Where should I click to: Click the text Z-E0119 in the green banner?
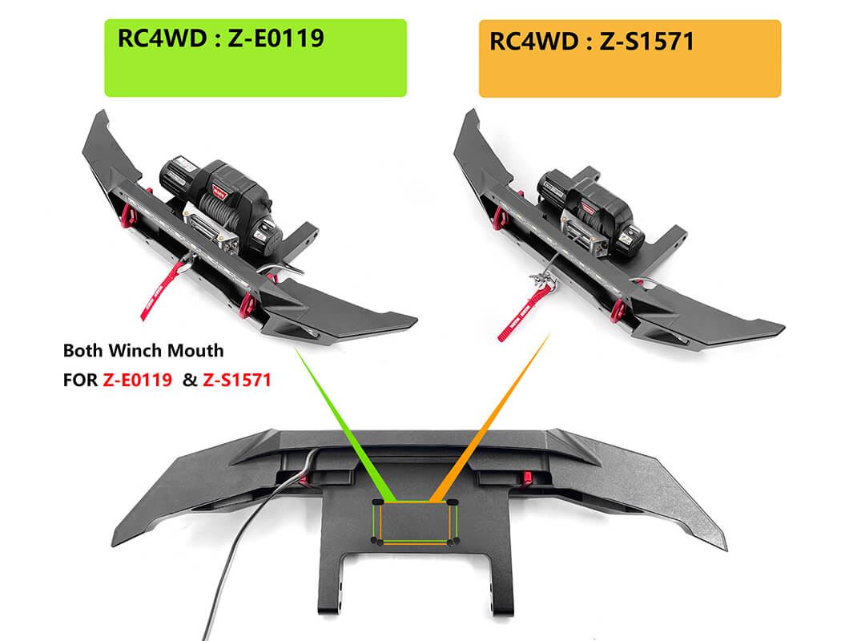pos(276,38)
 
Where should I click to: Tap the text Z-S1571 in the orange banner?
pos(647,42)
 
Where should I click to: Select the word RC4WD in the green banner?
pos(162,38)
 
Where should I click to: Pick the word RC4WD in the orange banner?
pos(534,42)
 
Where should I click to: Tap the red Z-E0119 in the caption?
pos(137,381)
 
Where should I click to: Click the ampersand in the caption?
pos(189,381)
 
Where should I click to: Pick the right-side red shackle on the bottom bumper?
pos(527,476)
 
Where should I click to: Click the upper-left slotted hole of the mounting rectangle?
pos(377,502)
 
